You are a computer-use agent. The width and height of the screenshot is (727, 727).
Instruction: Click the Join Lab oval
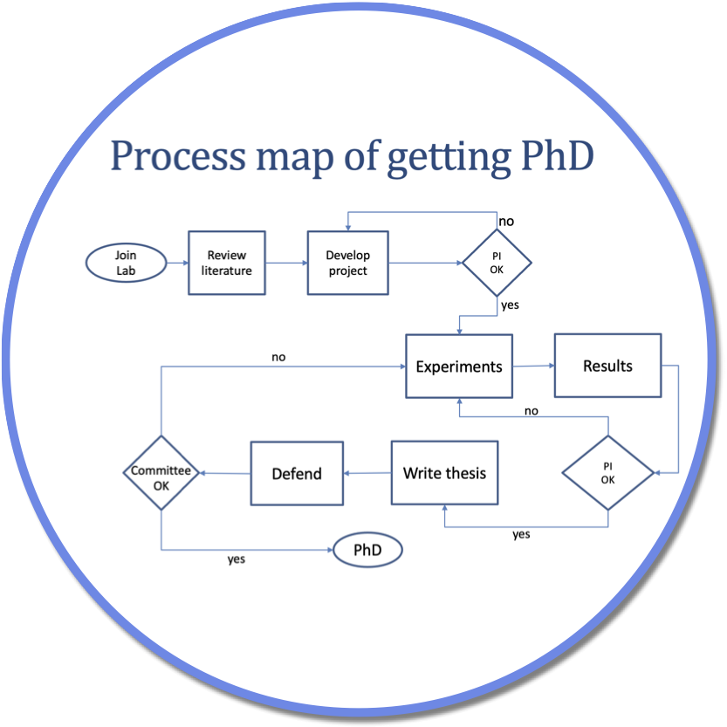click(x=127, y=263)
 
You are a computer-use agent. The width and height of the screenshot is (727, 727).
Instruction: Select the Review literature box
click(x=227, y=263)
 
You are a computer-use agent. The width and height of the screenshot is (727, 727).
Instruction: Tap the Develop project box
click(x=347, y=263)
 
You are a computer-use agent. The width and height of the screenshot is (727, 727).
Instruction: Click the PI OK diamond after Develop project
click(x=497, y=263)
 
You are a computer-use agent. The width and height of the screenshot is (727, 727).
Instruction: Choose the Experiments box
click(x=459, y=367)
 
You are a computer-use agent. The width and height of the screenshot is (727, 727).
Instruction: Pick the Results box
click(x=607, y=366)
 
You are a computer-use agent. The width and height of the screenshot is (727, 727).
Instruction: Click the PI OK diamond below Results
click(x=607, y=473)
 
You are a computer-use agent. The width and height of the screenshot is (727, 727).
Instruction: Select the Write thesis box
click(x=444, y=473)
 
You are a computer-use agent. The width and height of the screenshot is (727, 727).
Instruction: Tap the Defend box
click(x=297, y=474)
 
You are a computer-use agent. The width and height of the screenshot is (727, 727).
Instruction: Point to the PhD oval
click(x=367, y=551)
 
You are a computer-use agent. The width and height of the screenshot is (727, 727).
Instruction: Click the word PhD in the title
click(x=550, y=156)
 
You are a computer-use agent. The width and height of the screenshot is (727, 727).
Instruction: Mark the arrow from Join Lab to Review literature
click(x=177, y=263)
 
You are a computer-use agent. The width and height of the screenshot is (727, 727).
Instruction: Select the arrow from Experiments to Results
click(x=533, y=367)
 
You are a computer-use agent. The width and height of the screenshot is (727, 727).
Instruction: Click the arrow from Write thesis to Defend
click(x=367, y=474)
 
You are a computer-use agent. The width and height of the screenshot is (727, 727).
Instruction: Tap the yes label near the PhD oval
click(x=237, y=559)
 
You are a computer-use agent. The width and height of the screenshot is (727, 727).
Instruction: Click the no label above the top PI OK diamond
click(x=506, y=222)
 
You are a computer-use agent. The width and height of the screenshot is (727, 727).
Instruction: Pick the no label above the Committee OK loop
click(x=278, y=357)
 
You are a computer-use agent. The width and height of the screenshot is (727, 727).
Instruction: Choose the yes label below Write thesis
click(x=521, y=534)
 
